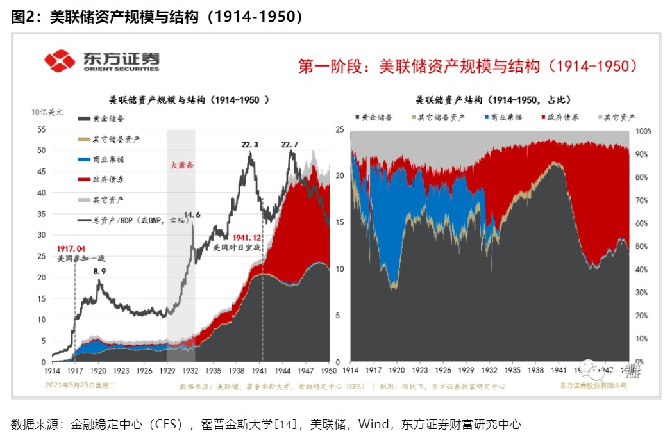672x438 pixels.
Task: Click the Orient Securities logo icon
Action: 60,61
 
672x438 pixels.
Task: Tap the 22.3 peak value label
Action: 250,145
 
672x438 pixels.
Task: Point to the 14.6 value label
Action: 192,215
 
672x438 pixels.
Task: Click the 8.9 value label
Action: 99,272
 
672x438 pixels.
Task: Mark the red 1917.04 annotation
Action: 72,248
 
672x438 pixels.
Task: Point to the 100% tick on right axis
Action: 643,131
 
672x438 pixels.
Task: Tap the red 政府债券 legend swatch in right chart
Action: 544,118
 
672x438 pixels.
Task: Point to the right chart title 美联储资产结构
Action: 493,100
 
